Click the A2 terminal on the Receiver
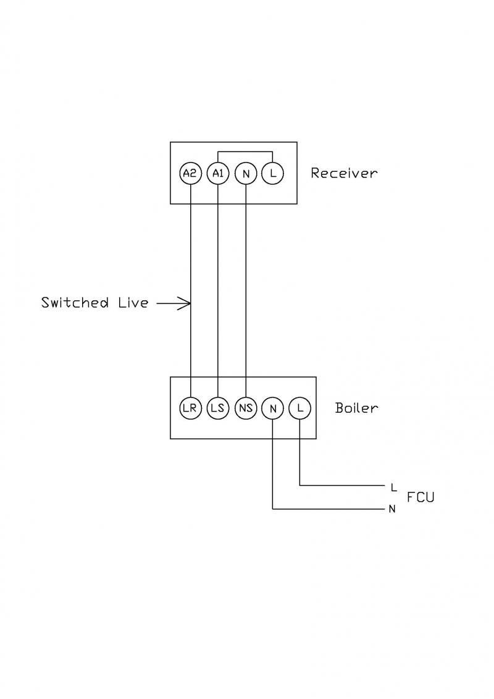(x=190, y=174)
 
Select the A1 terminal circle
(x=217, y=174)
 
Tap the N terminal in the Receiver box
(x=245, y=174)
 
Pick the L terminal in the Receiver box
(x=272, y=174)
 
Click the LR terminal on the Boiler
(x=190, y=409)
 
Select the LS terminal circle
(x=217, y=409)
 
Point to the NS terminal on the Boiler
(x=245, y=409)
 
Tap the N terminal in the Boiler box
(x=272, y=409)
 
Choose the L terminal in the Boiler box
(x=299, y=409)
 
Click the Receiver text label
(x=343, y=173)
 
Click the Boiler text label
(x=356, y=408)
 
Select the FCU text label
(x=421, y=497)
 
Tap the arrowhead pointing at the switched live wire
(x=185, y=303)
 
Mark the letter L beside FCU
(x=393, y=487)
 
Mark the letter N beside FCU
(x=392, y=510)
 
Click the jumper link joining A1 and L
(x=245, y=152)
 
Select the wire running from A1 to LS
(x=217, y=278)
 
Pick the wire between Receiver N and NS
(x=245, y=278)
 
